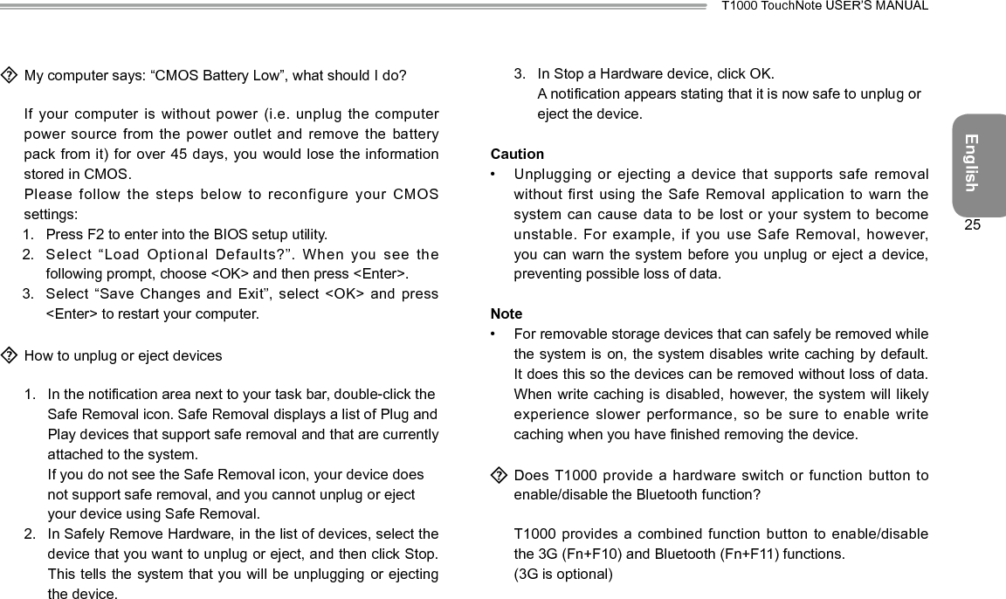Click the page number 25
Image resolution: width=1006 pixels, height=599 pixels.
(x=973, y=225)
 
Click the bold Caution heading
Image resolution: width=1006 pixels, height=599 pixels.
(x=517, y=154)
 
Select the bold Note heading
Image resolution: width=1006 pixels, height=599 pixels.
(x=506, y=313)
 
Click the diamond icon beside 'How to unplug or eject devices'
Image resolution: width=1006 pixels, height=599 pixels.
(x=10, y=355)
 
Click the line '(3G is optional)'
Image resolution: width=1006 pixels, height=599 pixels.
(x=563, y=574)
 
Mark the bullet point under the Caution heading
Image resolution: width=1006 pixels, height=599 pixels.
(x=495, y=175)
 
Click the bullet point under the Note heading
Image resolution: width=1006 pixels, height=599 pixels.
(x=495, y=334)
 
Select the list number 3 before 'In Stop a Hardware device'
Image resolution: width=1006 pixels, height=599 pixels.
(x=519, y=73)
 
